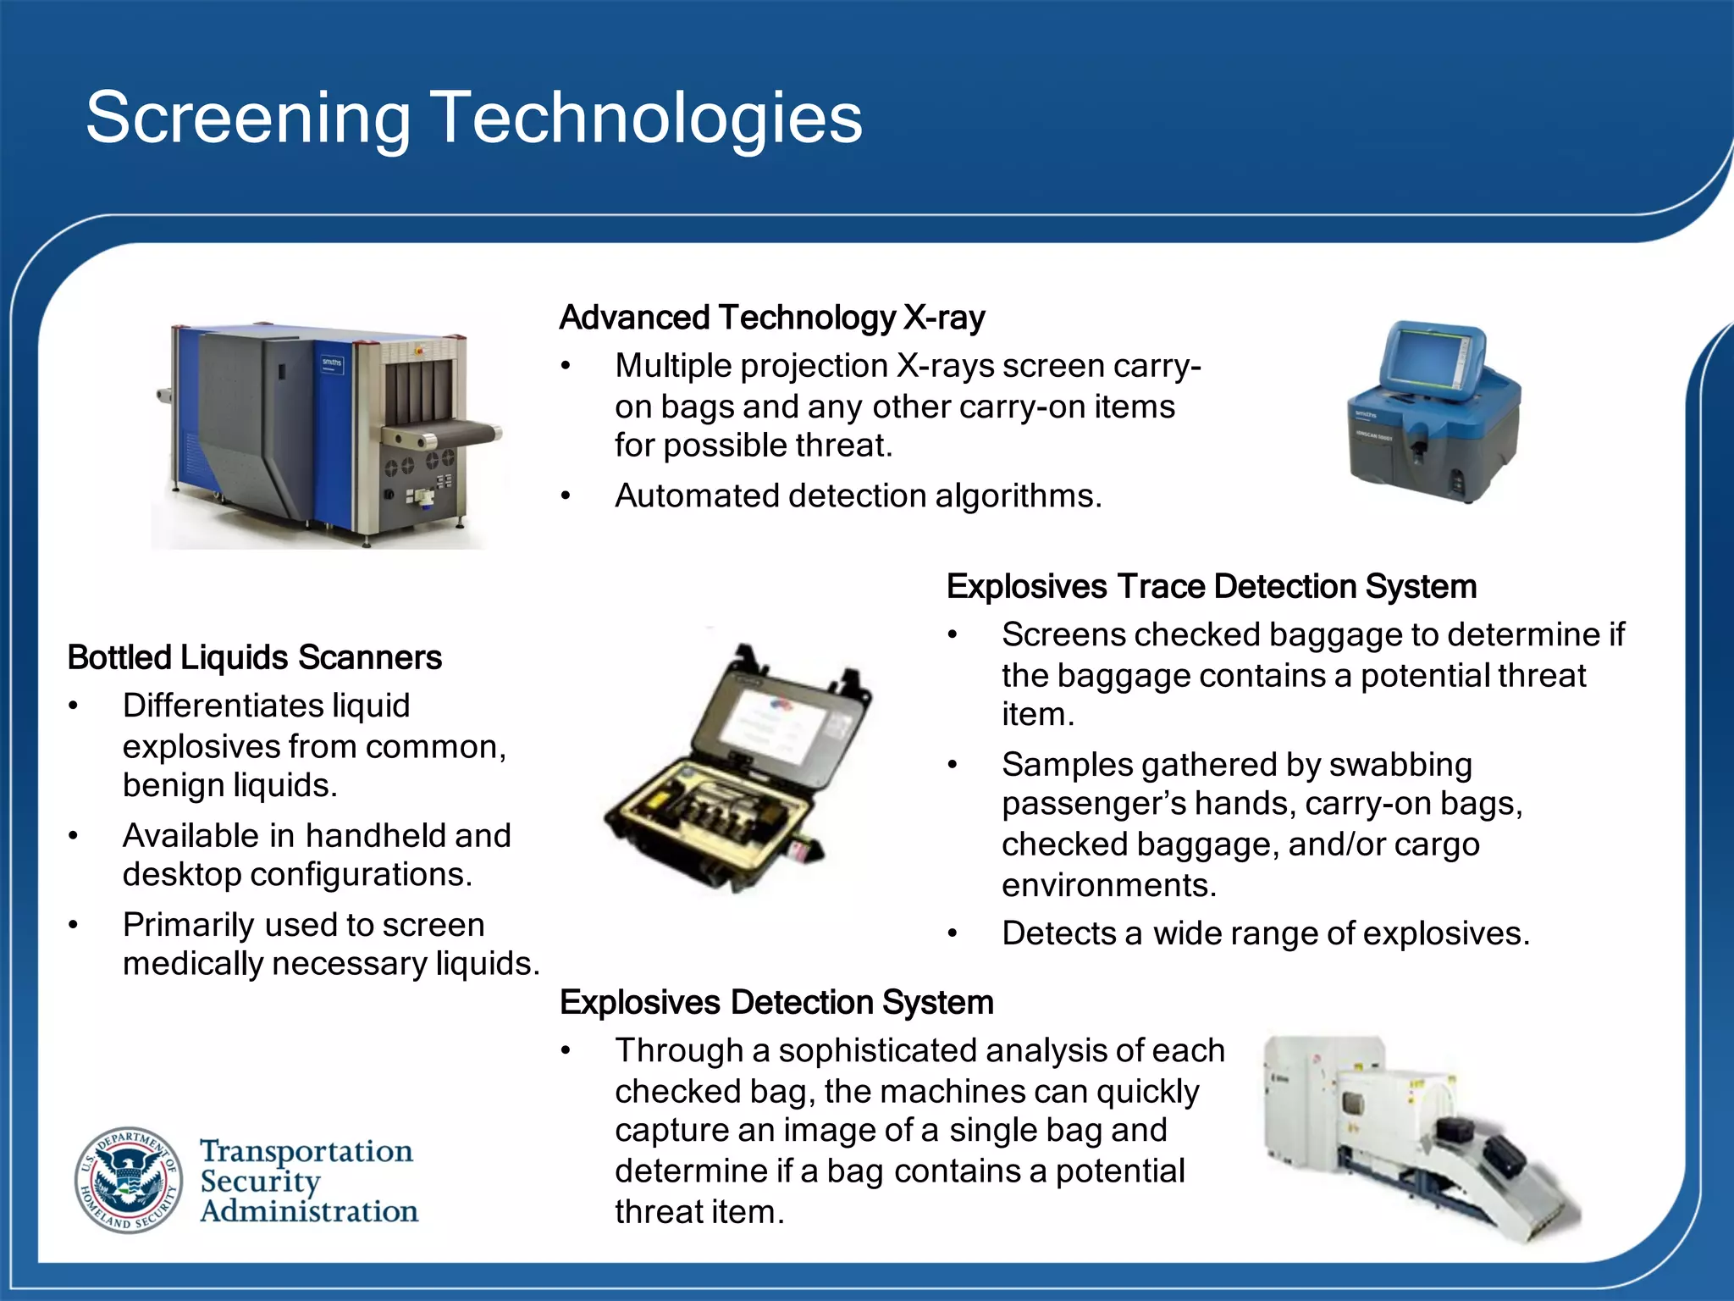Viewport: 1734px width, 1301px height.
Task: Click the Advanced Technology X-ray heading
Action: pos(771,318)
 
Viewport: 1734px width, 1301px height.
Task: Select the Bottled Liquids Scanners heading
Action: pos(254,657)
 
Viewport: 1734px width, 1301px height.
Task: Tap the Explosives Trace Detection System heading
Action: pos(1211,586)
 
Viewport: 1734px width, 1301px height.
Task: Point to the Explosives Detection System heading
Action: pos(776,1002)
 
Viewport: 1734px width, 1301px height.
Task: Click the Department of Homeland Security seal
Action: pos(129,1179)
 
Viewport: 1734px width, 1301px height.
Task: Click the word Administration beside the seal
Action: pos(309,1211)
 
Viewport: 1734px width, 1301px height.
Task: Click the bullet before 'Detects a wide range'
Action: pos(953,934)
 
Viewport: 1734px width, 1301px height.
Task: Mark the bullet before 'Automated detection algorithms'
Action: pos(566,496)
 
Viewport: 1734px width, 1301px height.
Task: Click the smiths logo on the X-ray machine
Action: pos(331,363)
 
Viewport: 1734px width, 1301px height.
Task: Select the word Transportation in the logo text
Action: pos(306,1151)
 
